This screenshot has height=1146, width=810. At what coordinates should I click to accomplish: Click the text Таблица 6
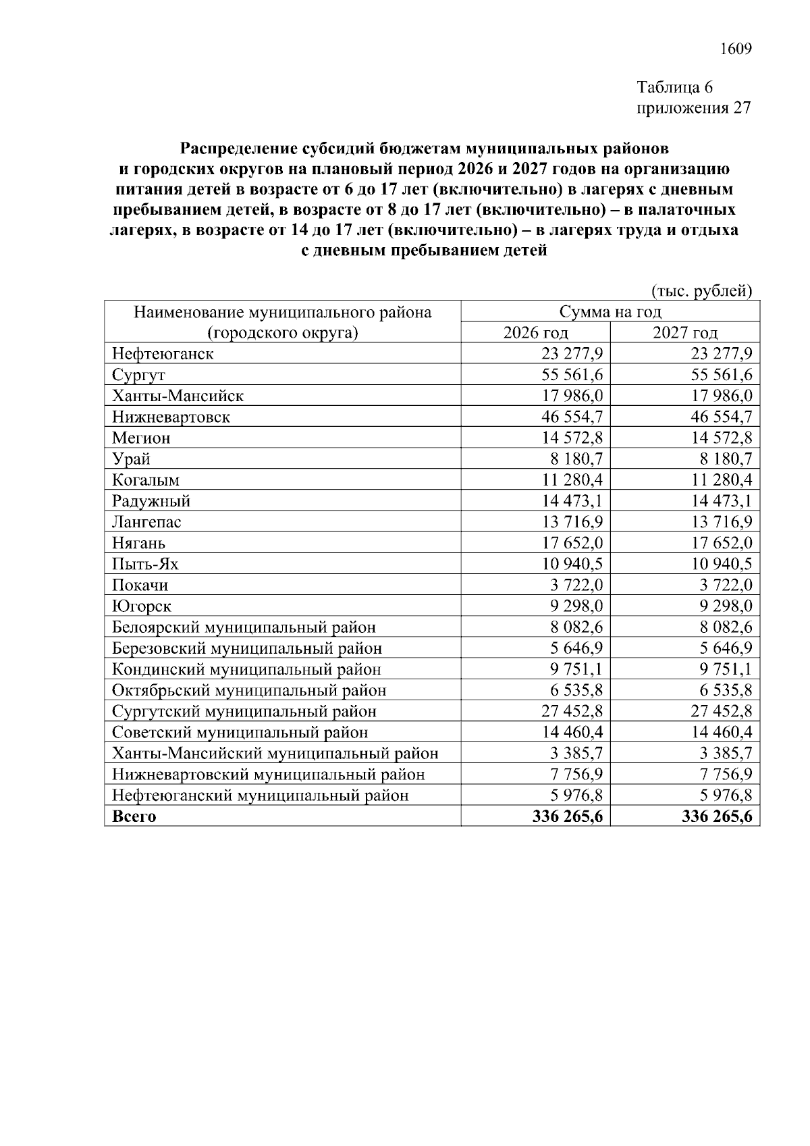(x=675, y=87)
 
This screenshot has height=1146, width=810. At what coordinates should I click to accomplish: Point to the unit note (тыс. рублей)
(x=701, y=291)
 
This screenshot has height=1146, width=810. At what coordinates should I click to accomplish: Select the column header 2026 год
(x=536, y=333)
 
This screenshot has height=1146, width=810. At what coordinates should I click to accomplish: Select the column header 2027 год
(x=685, y=333)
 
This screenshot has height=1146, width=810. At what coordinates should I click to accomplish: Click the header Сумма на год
(x=610, y=312)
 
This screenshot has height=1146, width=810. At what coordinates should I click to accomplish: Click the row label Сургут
(x=139, y=375)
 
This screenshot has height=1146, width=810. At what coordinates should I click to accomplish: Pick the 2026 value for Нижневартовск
(x=570, y=417)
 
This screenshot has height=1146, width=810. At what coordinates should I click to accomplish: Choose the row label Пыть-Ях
(x=145, y=564)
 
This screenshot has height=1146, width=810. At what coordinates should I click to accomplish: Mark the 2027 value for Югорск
(x=726, y=606)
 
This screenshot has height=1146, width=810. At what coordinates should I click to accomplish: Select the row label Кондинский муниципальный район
(x=246, y=669)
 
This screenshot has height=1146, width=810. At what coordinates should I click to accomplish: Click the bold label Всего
(x=134, y=816)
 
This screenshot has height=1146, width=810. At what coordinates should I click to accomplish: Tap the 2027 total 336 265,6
(x=717, y=816)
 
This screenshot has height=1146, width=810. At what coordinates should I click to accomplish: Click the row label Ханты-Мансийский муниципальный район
(x=275, y=753)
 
